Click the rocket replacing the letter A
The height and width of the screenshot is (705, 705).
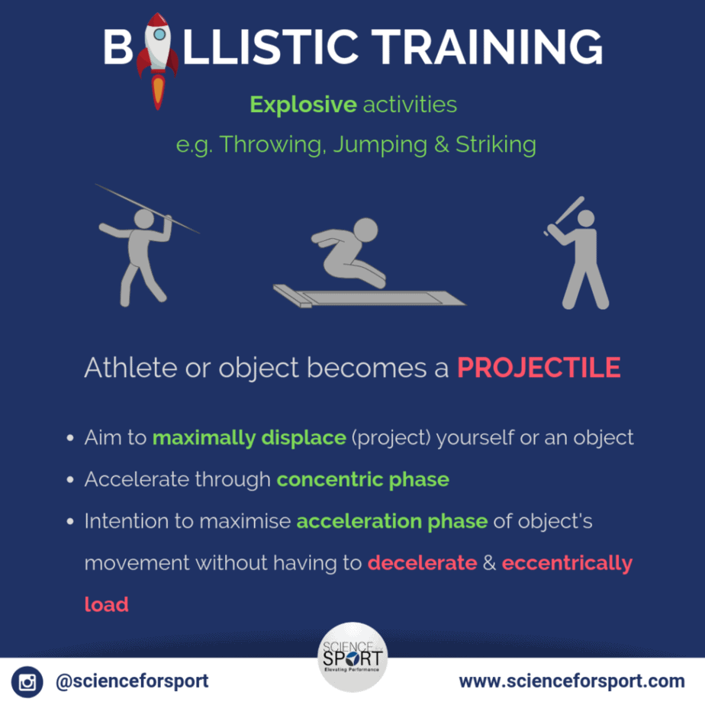point(157,61)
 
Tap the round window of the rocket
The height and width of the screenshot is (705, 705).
point(159,34)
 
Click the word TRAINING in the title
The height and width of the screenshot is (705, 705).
point(489,47)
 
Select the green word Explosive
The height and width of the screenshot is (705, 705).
point(304,105)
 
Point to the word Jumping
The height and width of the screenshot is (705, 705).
point(381,145)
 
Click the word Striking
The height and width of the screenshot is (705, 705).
point(496,145)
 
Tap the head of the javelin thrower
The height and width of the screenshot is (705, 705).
point(144,218)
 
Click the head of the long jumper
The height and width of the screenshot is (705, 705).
point(365,230)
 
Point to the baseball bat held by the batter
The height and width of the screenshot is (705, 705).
point(565,215)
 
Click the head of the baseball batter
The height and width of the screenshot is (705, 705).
point(586,219)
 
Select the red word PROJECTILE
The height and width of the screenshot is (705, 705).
point(539,367)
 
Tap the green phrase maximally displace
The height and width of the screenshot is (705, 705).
point(249,438)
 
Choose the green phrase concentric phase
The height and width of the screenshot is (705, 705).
point(363,480)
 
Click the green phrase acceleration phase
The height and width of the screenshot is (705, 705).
point(392,522)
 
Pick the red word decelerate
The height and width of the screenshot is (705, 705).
point(422,563)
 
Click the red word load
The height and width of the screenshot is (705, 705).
point(107,605)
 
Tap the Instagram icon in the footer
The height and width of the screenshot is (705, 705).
point(27,682)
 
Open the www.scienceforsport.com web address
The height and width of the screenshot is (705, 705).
point(572,681)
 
